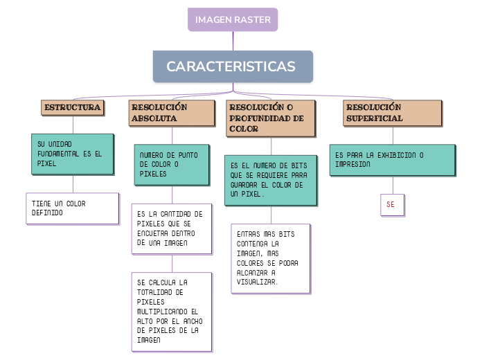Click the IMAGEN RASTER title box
(x=233, y=19)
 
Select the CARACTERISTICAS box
(x=233, y=66)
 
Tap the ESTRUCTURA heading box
(x=73, y=107)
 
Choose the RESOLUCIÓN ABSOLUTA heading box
(x=172, y=113)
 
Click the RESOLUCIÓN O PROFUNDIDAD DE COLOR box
(x=271, y=118)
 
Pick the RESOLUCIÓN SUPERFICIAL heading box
(x=393, y=113)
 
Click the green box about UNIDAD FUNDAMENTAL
(x=72, y=154)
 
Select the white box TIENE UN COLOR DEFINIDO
(x=72, y=208)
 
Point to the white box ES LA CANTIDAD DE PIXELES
(x=172, y=228)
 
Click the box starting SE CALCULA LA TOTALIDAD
(x=172, y=311)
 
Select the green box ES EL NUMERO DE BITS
(x=271, y=180)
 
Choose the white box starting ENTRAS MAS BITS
(x=271, y=258)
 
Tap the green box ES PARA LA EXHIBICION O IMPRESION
(x=393, y=160)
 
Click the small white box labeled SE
(x=391, y=205)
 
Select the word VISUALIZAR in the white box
(x=257, y=282)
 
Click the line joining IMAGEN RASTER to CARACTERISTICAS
(x=233, y=41)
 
